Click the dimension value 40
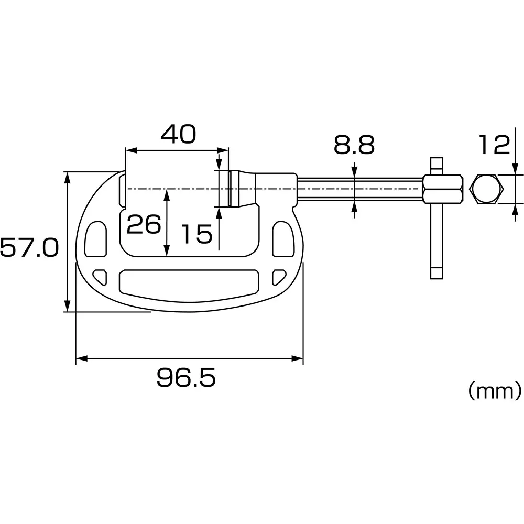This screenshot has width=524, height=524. point(178,134)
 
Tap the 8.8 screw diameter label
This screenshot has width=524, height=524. point(354,145)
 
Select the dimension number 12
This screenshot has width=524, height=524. point(494,145)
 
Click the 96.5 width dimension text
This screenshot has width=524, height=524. point(186,378)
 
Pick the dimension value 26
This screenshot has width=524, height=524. point(144,225)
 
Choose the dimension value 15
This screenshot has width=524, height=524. point(196,234)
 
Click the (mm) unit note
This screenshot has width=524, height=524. point(494,390)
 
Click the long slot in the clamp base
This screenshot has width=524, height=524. point(189,281)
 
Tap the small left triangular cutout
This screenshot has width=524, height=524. point(100,275)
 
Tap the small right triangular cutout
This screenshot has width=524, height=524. point(279,275)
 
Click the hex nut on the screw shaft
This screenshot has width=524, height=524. point(443,189)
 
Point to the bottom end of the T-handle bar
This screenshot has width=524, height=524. point(436,273)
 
